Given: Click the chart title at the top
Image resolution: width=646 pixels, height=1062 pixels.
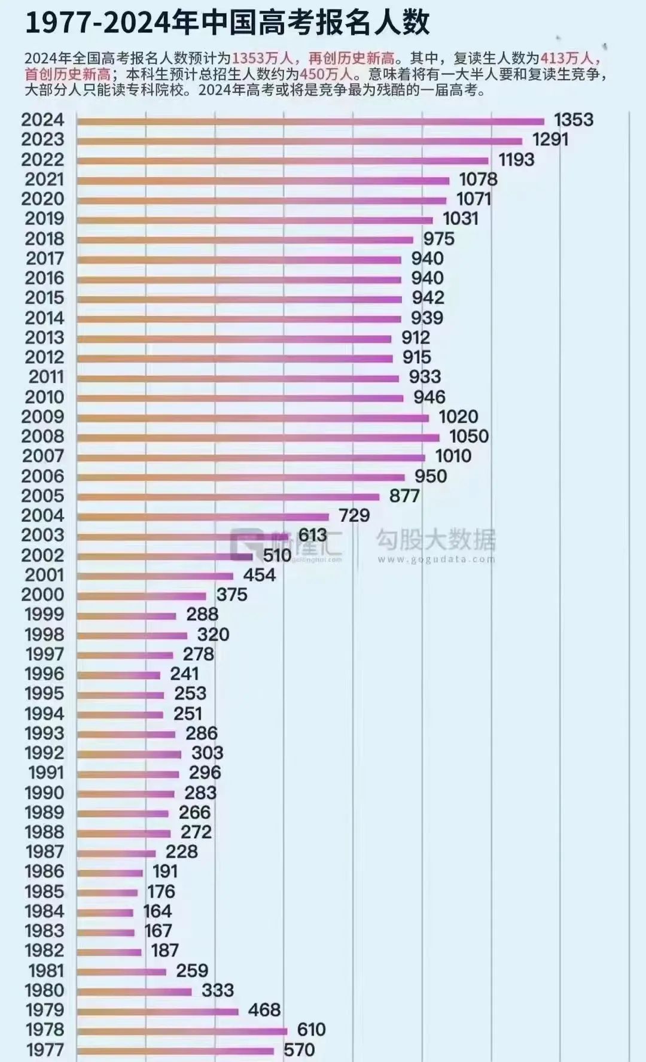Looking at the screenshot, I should point(227,23).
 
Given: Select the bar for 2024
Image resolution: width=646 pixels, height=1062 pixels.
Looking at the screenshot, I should point(311,121).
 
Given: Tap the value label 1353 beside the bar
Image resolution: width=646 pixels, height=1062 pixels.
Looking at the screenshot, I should point(574,120).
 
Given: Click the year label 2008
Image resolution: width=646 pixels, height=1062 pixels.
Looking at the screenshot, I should point(42,436).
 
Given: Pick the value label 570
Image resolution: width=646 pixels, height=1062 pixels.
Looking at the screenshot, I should point(299,1049).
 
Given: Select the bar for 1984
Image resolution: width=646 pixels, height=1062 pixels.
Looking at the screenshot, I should point(105,912).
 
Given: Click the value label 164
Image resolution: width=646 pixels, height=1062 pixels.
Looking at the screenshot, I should point(157,911).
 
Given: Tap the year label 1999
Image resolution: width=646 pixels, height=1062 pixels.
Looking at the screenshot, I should point(44,614).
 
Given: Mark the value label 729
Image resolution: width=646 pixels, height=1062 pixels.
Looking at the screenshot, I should point(354,515).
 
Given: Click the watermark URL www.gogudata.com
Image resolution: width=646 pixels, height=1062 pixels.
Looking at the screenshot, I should point(437,559).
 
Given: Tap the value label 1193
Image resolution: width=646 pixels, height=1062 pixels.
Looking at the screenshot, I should point(516,159).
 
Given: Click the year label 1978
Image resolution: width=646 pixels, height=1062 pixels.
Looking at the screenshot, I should point(45,1029).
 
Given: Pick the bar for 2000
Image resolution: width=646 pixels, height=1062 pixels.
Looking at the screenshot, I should point(142,596).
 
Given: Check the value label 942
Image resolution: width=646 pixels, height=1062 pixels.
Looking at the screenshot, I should point(428,297).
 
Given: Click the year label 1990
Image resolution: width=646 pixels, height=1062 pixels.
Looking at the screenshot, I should point(44,792).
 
